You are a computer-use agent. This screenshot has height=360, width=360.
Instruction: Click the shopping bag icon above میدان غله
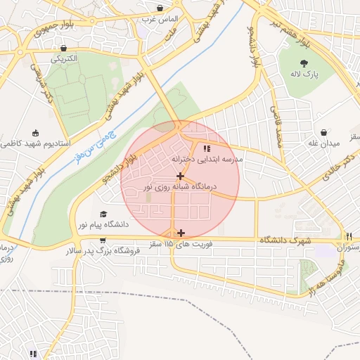click(x=323, y=131)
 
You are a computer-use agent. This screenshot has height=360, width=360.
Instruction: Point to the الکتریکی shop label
click(x=64, y=60)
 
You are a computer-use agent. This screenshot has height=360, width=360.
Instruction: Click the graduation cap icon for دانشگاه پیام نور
click(x=104, y=214)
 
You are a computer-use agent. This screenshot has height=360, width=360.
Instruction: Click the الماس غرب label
click(x=160, y=19)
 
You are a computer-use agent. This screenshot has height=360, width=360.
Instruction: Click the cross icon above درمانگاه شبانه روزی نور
click(x=181, y=176)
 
